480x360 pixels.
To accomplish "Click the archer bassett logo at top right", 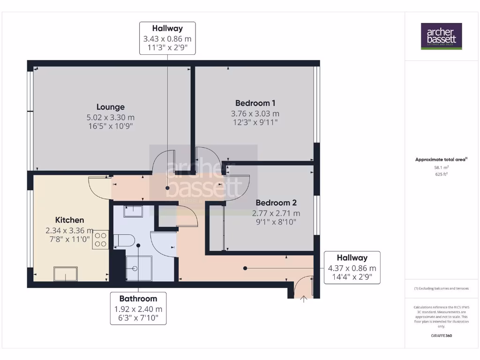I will pyautogui.click(x=441, y=36).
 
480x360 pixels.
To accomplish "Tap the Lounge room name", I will pyautogui.click(x=111, y=107).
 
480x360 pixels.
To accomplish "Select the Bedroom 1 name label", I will pyautogui.click(x=255, y=103).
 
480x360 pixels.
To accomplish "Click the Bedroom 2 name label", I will pyautogui.click(x=276, y=203).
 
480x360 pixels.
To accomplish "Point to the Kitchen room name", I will pyautogui.click(x=69, y=220).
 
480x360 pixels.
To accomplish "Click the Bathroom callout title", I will pyautogui.click(x=138, y=299).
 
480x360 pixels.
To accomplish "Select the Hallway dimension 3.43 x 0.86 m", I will pyautogui.click(x=167, y=39).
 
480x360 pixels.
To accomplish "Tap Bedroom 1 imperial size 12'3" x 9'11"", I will pyautogui.click(x=255, y=123).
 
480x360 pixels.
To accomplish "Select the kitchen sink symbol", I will pyautogui.click(x=65, y=273).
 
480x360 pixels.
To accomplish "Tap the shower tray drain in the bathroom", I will pyautogui.click(x=135, y=269).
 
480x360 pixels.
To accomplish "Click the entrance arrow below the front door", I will pyautogui.click(x=304, y=298).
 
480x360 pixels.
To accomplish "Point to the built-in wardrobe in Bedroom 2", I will pyautogui.click(x=217, y=227).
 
